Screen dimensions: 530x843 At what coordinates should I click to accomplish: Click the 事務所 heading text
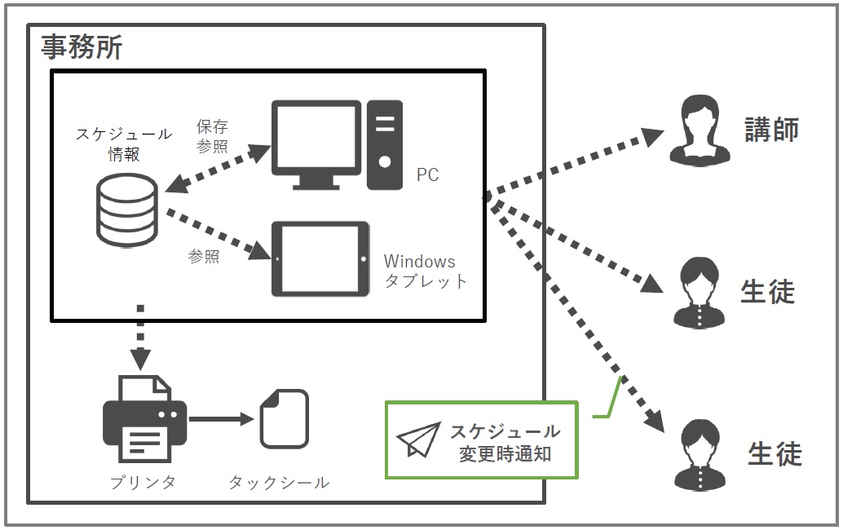coord(82,46)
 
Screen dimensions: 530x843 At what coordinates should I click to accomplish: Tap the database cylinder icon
coord(126,210)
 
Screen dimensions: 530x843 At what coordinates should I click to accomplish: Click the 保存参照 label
coord(212,136)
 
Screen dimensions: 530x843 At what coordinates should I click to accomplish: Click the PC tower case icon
coord(385,144)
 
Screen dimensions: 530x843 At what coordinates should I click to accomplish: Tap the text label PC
coord(427,175)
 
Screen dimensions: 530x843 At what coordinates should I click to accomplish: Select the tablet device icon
coord(320,259)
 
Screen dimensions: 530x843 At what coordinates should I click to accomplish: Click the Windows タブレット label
coord(425,272)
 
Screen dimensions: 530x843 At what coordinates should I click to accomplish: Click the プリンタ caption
coord(143,482)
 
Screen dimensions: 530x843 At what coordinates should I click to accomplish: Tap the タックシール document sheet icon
coord(284,418)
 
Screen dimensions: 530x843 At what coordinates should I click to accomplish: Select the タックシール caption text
coord(279,482)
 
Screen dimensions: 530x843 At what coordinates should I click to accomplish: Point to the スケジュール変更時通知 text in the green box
coord(506,442)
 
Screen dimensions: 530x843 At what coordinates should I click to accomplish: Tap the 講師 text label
coord(770,129)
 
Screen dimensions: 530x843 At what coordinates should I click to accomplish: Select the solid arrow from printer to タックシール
coord(221,419)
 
